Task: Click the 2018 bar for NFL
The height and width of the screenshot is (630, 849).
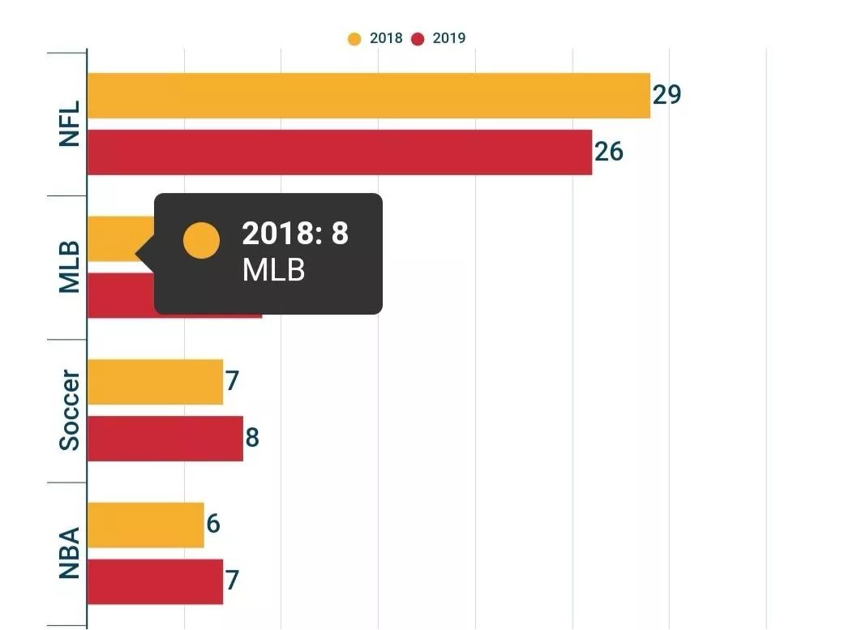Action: [x=368, y=96]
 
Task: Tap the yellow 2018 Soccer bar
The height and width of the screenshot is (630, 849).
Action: [x=155, y=382]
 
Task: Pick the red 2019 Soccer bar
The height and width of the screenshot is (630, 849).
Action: [x=165, y=439]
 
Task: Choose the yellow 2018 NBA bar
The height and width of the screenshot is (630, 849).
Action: [x=145, y=525]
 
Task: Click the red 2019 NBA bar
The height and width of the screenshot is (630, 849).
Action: [x=155, y=582]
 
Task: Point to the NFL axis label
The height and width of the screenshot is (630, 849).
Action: [x=70, y=124]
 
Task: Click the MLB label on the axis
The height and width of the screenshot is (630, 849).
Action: [x=70, y=267]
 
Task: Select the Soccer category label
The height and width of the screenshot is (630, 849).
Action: [x=70, y=410]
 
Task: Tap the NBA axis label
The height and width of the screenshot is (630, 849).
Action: [x=70, y=554]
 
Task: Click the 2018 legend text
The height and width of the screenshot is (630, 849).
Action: [x=386, y=38]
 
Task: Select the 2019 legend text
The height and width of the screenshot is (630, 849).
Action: [x=449, y=38]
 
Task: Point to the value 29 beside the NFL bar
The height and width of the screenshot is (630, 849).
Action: [x=667, y=95]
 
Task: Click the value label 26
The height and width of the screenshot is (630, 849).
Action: [x=609, y=152]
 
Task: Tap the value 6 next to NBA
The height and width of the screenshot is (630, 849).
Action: [x=213, y=524]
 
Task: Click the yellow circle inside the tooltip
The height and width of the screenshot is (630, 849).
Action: [x=201, y=240]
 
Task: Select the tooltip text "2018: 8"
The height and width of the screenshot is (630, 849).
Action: [x=295, y=234]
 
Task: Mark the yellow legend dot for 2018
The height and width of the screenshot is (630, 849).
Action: [x=354, y=39]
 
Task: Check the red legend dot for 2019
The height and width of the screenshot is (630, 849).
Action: [x=418, y=39]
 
